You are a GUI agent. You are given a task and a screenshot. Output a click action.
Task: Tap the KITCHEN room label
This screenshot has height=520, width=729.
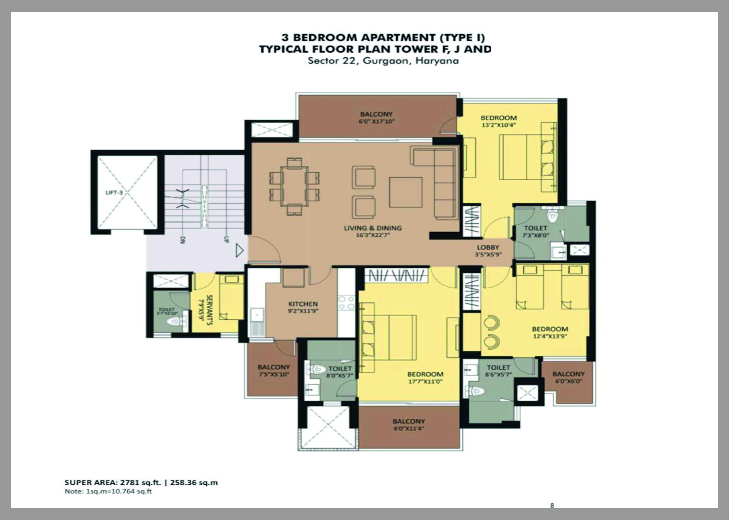pos(303,304)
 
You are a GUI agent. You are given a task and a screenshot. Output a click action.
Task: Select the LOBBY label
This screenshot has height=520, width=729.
pos(488,248)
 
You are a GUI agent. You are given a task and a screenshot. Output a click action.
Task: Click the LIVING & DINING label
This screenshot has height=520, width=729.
pos(373,228)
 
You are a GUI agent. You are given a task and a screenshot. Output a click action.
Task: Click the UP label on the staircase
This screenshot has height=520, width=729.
pos(226,239)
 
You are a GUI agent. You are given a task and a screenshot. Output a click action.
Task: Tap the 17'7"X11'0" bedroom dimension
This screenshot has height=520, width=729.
pos(426,381)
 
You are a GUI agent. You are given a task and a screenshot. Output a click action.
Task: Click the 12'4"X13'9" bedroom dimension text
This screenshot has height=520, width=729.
pos(550,336)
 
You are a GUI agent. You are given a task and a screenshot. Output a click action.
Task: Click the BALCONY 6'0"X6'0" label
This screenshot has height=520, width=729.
pos(568,374)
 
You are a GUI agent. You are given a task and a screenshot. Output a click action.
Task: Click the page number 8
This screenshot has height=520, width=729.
pos(552,506)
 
